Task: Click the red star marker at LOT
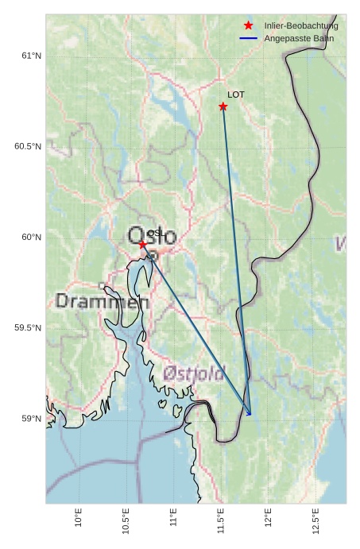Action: [223, 106]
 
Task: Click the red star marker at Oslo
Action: [143, 245]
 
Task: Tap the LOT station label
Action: [236, 95]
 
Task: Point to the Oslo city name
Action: [152, 236]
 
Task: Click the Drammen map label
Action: [103, 302]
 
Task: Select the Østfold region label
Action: [194, 373]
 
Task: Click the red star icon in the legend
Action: [249, 26]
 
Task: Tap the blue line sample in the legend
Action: [249, 38]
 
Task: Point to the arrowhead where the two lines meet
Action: [250, 413]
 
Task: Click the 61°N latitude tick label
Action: [31, 56]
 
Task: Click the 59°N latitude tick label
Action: [31, 419]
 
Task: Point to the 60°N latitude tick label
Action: [31, 238]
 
